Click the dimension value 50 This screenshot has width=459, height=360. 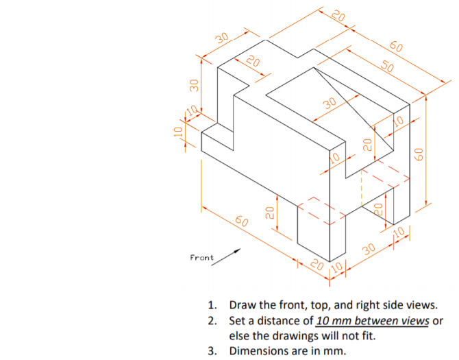coord(388,67)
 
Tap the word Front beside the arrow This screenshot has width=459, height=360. coord(201,258)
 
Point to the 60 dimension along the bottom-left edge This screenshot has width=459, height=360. coord(242,221)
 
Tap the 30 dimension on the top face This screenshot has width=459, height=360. coord(329,104)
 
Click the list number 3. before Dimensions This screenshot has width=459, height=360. coord(214,351)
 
